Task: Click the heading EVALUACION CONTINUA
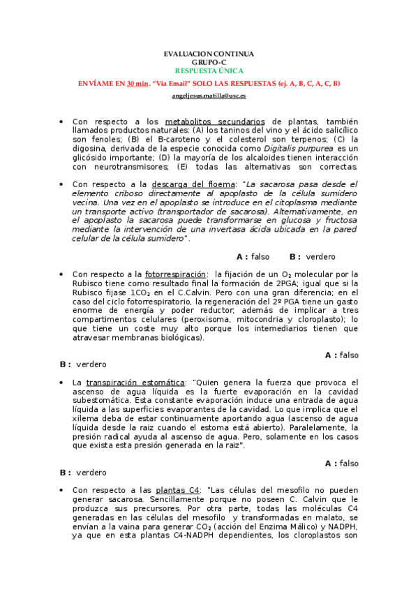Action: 209,54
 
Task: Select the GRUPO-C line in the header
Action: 209,62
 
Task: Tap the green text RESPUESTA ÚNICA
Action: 209,71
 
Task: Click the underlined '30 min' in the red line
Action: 137,84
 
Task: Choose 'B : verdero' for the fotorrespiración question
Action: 83,364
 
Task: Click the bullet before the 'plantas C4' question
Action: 62,491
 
